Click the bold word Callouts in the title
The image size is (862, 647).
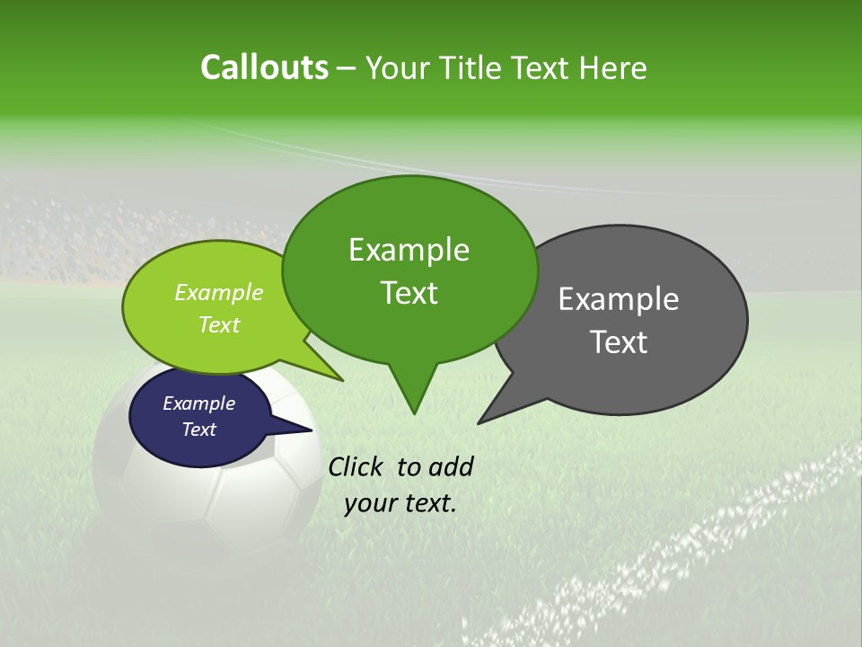tap(264, 67)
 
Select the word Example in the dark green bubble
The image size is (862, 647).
tap(409, 250)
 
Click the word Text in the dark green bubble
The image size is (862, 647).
tap(409, 293)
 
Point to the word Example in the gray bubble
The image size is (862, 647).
tap(619, 299)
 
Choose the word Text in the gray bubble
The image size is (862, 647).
tap(619, 342)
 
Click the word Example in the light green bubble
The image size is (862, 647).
tap(218, 292)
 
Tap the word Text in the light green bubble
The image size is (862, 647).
tap(218, 324)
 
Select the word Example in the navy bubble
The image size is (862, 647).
tap(198, 403)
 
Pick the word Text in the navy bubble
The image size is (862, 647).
tap(198, 430)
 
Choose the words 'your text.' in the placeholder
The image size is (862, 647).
tap(400, 503)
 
